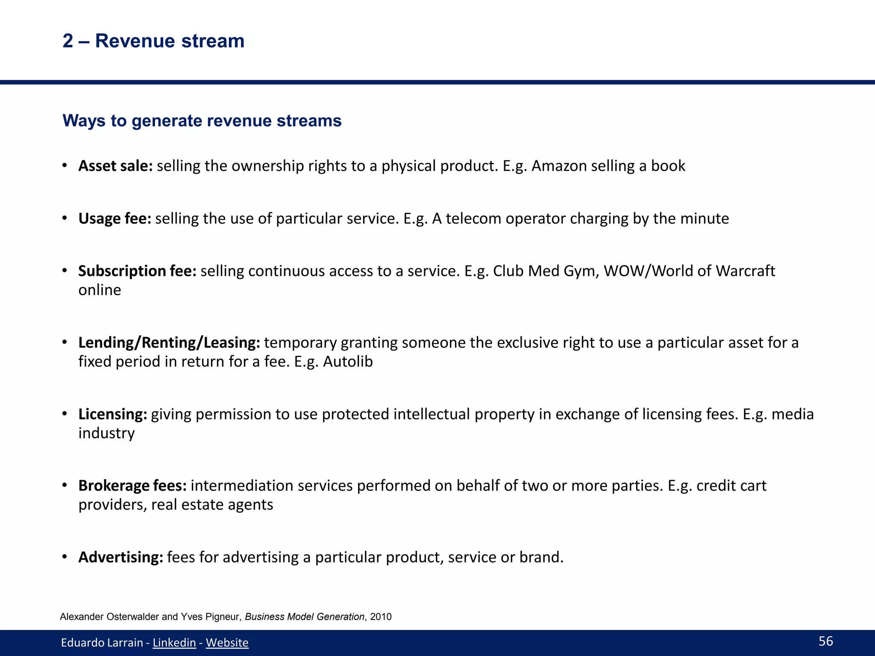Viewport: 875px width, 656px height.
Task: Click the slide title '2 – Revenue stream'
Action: [153, 41]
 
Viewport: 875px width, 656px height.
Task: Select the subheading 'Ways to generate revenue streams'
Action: [202, 121]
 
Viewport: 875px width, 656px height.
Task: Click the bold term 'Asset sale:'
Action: [115, 166]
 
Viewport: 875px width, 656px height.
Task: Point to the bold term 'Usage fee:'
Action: [115, 219]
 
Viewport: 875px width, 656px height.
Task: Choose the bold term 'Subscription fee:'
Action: [137, 271]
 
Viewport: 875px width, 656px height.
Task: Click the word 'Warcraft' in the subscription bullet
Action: [745, 271]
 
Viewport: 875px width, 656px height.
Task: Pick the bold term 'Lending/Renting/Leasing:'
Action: [169, 343]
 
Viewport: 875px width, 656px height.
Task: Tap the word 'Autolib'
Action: [348, 362]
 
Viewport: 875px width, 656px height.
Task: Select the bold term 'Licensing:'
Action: [113, 414]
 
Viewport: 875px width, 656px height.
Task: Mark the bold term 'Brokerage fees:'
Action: [132, 486]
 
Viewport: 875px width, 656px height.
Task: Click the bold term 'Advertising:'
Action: [120, 557]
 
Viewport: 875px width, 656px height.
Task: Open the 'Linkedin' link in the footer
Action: [174, 643]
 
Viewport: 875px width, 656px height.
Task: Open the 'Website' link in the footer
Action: [227, 643]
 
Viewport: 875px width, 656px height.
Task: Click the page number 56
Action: [826, 641]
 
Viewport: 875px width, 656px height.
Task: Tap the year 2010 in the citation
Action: [381, 617]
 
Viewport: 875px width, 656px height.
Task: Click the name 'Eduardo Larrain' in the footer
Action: [102, 643]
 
